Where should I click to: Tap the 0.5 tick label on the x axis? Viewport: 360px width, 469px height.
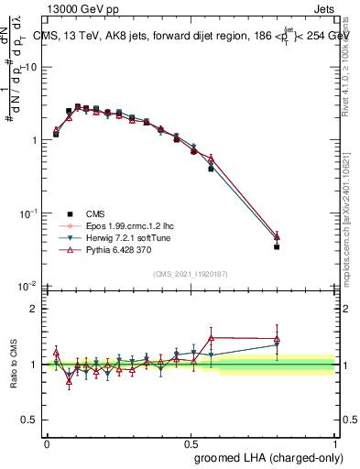click(x=191, y=442)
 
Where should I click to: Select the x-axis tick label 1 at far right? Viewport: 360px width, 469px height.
click(x=334, y=442)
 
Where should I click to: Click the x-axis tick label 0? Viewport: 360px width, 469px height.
click(x=47, y=442)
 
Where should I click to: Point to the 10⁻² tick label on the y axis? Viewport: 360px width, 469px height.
click(x=28, y=287)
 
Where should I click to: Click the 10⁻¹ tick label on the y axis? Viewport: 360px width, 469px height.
click(x=28, y=213)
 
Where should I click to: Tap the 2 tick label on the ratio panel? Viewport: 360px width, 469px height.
click(x=35, y=309)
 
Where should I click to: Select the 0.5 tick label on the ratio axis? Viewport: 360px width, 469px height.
click(x=31, y=420)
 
